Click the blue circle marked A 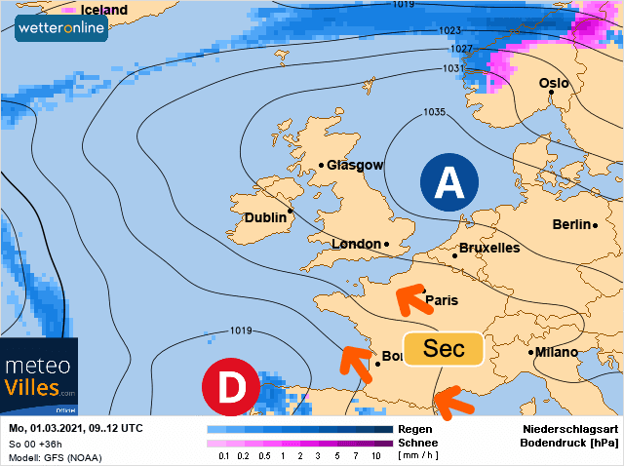(448, 182)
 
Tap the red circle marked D (230, 387)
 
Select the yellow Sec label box (444, 349)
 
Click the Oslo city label (554, 83)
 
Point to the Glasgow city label (354, 165)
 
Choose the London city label (358, 244)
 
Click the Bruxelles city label (488, 248)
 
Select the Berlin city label (572, 224)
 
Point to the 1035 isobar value (435, 112)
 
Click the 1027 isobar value (461, 49)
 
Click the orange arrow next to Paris (415, 300)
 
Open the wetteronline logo (61, 26)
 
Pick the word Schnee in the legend (417, 442)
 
